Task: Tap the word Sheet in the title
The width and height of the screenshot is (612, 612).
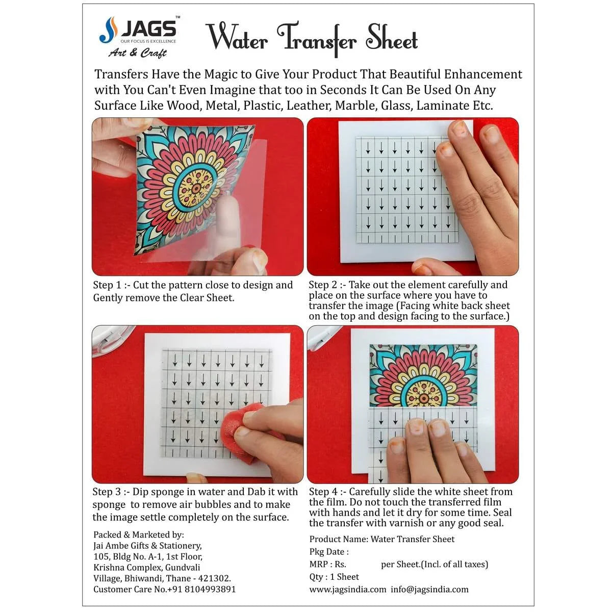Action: pos(392,38)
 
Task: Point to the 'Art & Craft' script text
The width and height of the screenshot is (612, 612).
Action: pos(137,53)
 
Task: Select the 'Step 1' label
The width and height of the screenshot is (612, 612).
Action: pos(107,285)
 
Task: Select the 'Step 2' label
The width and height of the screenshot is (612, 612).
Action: pos(323,285)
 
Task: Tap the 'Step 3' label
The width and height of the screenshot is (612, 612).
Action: pos(107,492)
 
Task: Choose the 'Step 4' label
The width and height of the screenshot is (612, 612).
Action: pos(323,492)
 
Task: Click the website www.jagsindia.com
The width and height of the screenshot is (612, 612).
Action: pos(348,590)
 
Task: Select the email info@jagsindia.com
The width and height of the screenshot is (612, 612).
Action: pos(429,590)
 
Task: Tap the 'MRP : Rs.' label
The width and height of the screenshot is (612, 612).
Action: pos(327,565)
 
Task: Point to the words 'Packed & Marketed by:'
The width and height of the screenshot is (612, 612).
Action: pos(138,535)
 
